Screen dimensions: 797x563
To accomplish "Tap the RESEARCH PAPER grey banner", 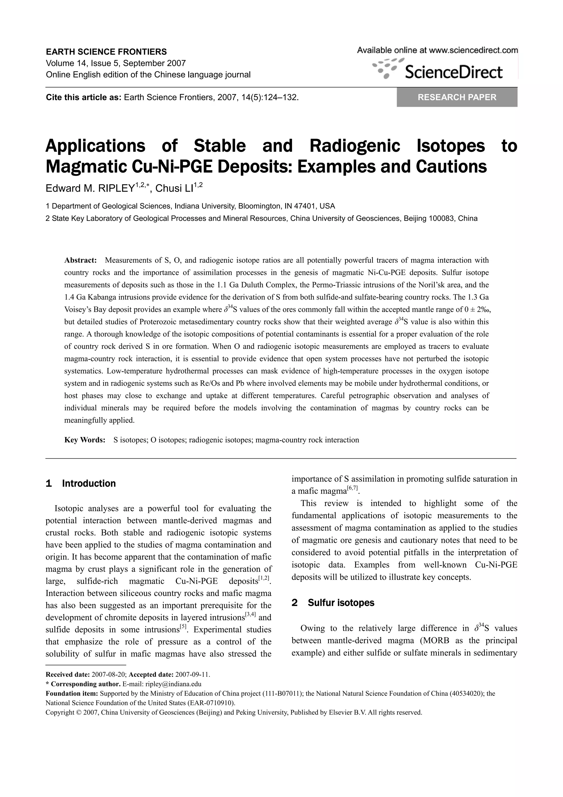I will point(457,97).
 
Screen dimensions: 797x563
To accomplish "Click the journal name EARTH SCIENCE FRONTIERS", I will point(106,52).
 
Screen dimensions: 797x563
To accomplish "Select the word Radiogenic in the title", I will point(355,146).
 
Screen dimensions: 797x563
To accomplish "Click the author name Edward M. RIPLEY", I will point(90,188).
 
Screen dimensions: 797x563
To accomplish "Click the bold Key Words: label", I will point(85,440).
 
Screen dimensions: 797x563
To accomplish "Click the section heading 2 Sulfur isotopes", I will point(333,602).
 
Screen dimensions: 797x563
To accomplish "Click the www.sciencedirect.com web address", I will point(473,50).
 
